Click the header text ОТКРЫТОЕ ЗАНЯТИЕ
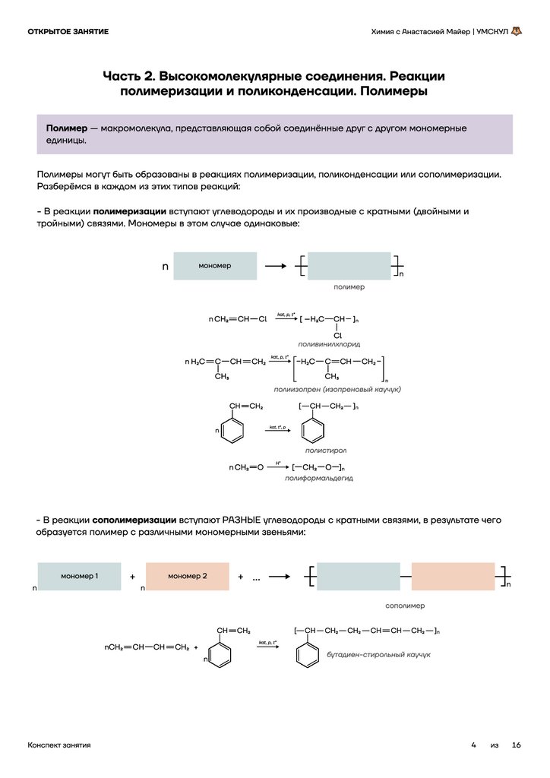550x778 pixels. [x=68, y=32]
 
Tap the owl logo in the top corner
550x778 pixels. [x=517, y=32]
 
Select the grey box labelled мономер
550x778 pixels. [x=214, y=266]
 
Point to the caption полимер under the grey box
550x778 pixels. [x=349, y=287]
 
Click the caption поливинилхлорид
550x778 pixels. [x=329, y=343]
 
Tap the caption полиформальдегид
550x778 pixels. [x=318, y=479]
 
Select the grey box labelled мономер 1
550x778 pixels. [x=79, y=576]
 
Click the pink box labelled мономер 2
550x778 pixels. [x=187, y=576]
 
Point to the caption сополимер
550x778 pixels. [x=405, y=606]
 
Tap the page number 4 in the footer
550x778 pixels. [x=473, y=745]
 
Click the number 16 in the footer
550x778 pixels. [x=517, y=745]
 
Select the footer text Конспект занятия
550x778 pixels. [x=59, y=745]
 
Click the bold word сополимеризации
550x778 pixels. [x=134, y=520]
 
